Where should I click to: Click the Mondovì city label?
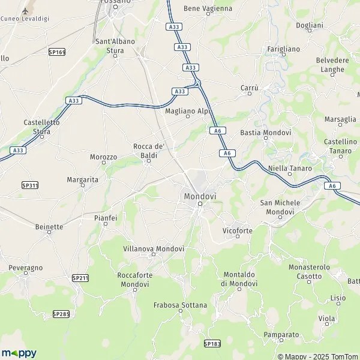200,196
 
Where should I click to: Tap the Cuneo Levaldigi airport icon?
25,11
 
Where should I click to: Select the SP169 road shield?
57,52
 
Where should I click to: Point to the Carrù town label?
249,88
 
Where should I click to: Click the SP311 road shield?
29,185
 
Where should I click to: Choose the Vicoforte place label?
237,230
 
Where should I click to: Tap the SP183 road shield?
212,343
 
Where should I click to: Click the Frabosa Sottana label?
181,305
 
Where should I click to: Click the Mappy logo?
19,353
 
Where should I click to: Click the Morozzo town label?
103,157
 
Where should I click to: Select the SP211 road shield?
80,278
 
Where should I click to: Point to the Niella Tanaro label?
290,168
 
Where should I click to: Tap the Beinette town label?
49,227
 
